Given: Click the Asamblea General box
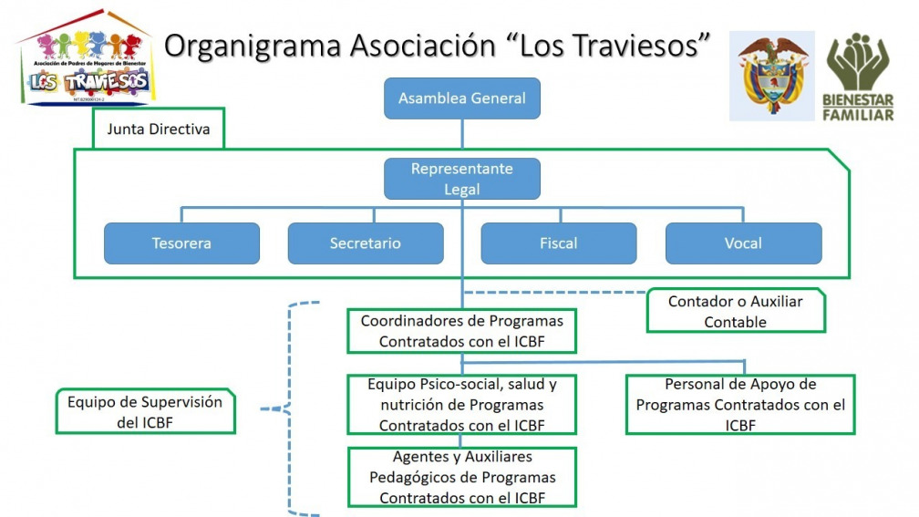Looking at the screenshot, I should click(461, 98).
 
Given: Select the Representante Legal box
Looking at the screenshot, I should click(461, 179).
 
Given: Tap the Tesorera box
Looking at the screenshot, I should click(181, 243).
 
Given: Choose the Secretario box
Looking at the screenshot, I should click(366, 243).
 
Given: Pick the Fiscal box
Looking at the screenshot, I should click(558, 243).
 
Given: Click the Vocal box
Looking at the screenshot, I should click(743, 243).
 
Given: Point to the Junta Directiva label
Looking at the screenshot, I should click(159, 129).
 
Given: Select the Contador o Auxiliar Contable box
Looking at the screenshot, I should click(735, 311).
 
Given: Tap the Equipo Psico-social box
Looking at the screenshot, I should click(461, 404).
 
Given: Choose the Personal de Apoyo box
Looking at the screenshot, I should click(740, 404).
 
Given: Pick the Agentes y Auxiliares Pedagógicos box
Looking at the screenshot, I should click(461, 477).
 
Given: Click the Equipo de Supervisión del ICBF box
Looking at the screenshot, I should click(144, 411).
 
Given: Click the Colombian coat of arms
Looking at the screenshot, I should click(771, 76).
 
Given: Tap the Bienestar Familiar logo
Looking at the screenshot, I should click(859, 77).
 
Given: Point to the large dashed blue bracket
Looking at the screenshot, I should click(291, 408).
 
